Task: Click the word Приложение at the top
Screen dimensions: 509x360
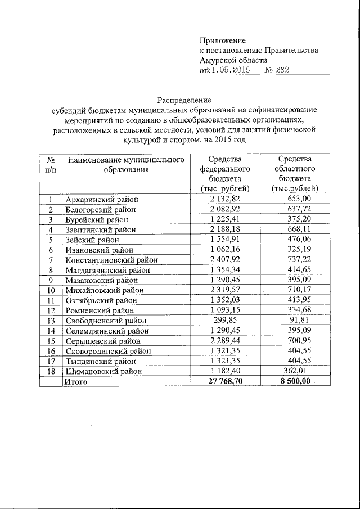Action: click(223, 40)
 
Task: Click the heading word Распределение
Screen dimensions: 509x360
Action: click(181, 99)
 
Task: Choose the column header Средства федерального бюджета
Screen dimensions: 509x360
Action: click(225, 174)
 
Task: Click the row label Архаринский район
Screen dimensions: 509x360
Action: click(101, 199)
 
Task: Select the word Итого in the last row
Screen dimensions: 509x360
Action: click(76, 381)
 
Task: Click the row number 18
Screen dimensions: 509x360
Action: click(50, 371)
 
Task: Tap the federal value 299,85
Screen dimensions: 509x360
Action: click(226, 321)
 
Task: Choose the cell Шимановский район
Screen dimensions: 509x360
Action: click(105, 371)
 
